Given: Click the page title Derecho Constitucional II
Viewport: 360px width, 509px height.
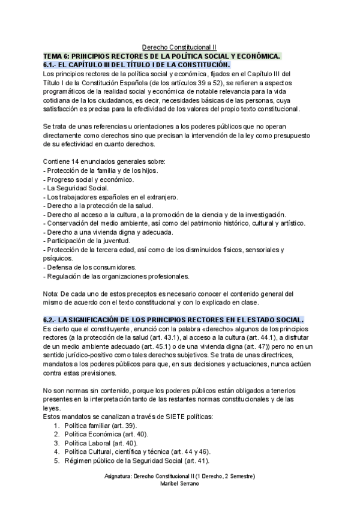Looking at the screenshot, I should click(x=179, y=47).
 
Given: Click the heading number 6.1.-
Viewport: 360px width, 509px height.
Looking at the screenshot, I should click(x=52, y=65).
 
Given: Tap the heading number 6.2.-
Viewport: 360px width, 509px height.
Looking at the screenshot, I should click(x=52, y=320).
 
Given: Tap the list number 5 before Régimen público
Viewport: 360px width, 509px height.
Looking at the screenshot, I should click(x=56, y=460).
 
